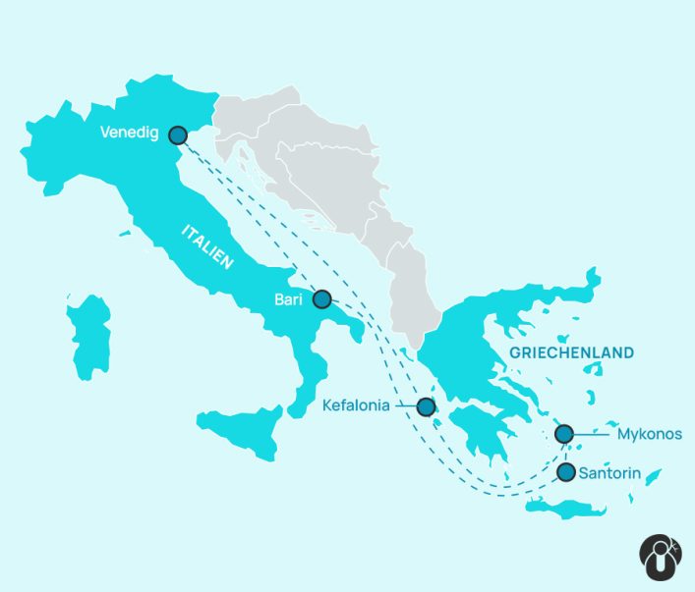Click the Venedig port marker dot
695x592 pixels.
(178, 135)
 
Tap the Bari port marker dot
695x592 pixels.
(321, 298)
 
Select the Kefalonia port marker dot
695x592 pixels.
(426, 406)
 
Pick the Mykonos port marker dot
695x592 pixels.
(564, 433)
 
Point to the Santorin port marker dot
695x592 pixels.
(566, 472)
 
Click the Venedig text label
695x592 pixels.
(129, 135)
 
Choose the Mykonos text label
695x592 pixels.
(649, 433)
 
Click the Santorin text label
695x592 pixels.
(610, 473)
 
